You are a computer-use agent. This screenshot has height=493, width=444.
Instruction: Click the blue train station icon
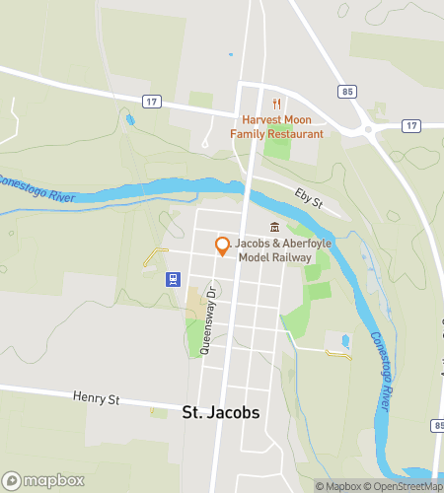[173, 279]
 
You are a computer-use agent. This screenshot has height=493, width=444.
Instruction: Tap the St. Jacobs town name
[222, 412]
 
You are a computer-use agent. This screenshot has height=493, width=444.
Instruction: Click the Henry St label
[96, 398]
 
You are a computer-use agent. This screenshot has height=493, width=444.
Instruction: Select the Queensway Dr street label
[208, 320]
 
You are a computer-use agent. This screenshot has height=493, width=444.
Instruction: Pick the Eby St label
[310, 200]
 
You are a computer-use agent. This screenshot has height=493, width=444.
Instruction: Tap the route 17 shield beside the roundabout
[410, 125]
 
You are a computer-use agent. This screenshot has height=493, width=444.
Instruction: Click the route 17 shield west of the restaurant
[151, 101]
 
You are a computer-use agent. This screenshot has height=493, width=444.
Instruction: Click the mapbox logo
[42, 480]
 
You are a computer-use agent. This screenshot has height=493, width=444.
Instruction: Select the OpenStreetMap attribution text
[405, 486]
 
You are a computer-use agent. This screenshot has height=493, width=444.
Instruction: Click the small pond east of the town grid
[343, 341]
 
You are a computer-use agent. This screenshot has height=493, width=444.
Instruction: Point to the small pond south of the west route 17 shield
[131, 121]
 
